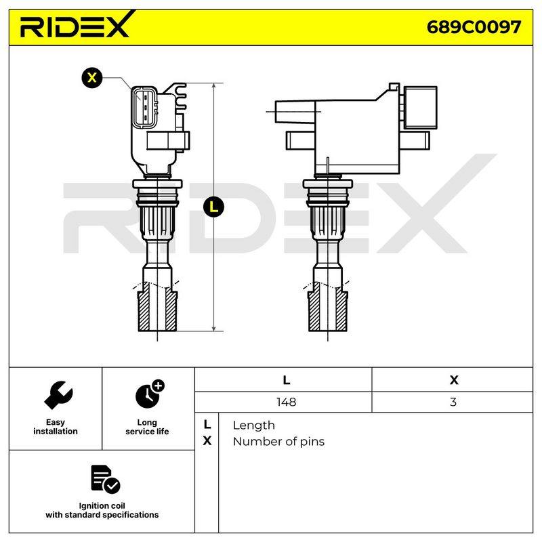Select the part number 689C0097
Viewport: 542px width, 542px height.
(x=474, y=27)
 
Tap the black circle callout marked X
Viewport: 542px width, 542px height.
(x=92, y=77)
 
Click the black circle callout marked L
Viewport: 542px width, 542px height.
(x=214, y=207)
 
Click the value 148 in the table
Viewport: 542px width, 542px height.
(x=286, y=402)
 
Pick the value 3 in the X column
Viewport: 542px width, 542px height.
(x=453, y=402)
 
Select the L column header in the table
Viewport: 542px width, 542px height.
(x=286, y=380)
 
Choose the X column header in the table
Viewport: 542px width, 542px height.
(x=454, y=380)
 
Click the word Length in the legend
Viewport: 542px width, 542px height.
(x=253, y=425)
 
